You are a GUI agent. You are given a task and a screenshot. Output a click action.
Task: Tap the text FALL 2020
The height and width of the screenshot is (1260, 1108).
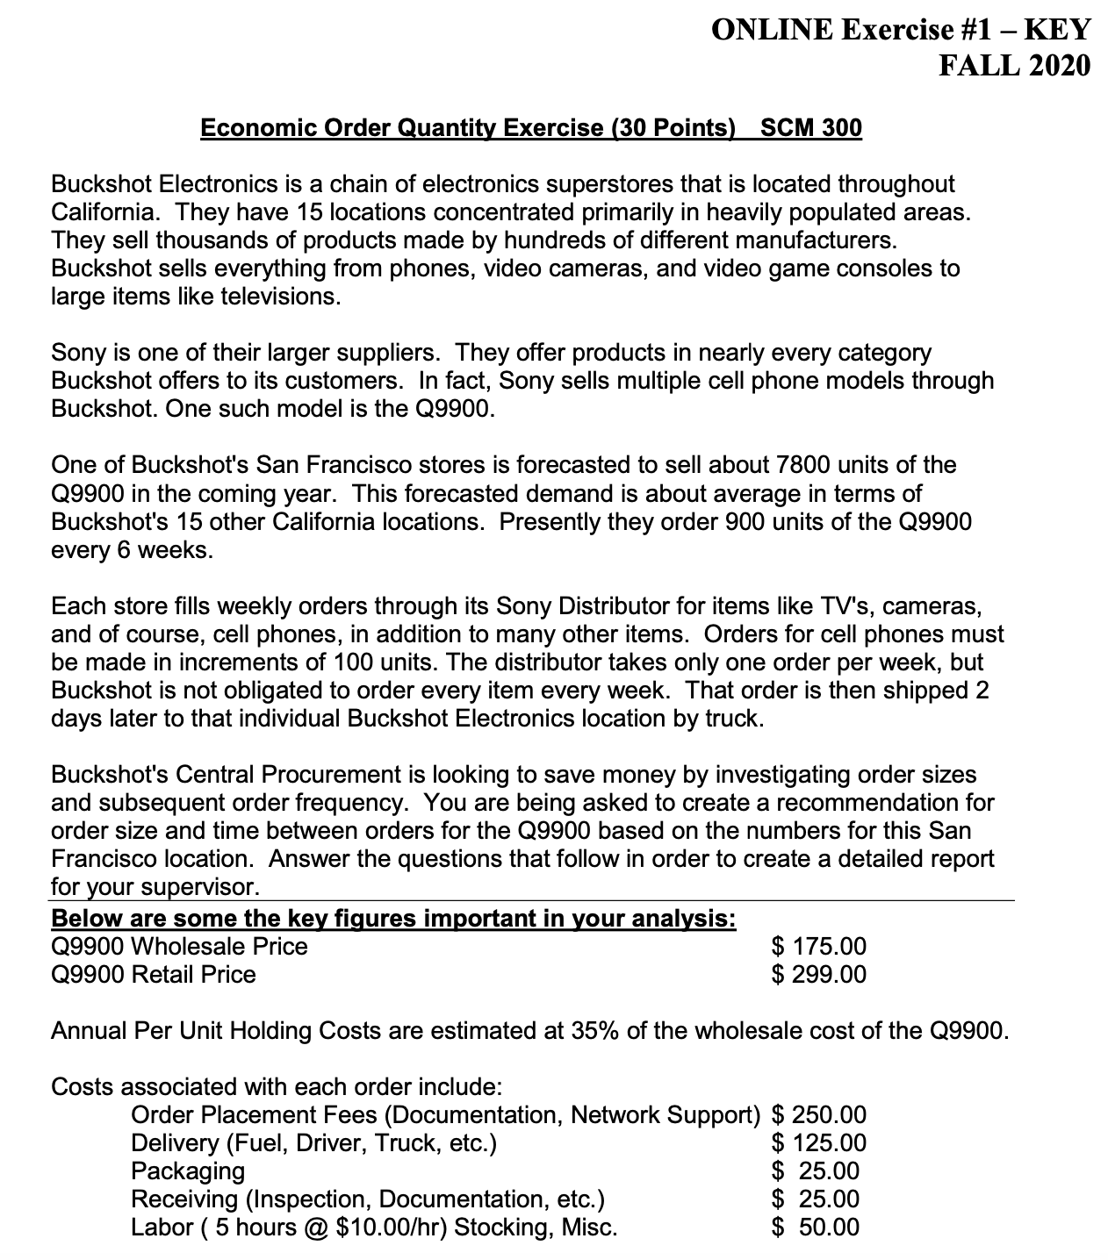pyautogui.click(x=1014, y=66)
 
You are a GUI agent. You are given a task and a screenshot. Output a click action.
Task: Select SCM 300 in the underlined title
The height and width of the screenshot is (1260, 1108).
pyautogui.click(x=810, y=128)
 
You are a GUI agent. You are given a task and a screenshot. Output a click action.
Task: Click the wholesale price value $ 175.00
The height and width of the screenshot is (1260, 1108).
pyautogui.click(x=818, y=947)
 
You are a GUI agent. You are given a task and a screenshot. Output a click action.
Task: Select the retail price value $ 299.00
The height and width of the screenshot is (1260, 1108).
pyautogui.click(x=818, y=975)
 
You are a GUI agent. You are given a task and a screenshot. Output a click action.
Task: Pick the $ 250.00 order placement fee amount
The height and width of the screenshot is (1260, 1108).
pyautogui.click(x=818, y=1115)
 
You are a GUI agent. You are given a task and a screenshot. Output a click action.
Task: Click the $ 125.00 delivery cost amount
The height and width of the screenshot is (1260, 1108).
pyautogui.click(x=818, y=1143)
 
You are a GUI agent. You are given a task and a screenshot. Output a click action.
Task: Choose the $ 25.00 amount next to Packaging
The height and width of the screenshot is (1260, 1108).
pyautogui.click(x=816, y=1171)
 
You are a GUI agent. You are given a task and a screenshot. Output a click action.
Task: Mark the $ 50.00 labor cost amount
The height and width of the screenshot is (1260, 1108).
pyautogui.click(x=816, y=1228)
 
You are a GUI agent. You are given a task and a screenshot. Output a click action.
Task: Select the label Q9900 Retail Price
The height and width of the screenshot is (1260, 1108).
pyautogui.click(x=154, y=975)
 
